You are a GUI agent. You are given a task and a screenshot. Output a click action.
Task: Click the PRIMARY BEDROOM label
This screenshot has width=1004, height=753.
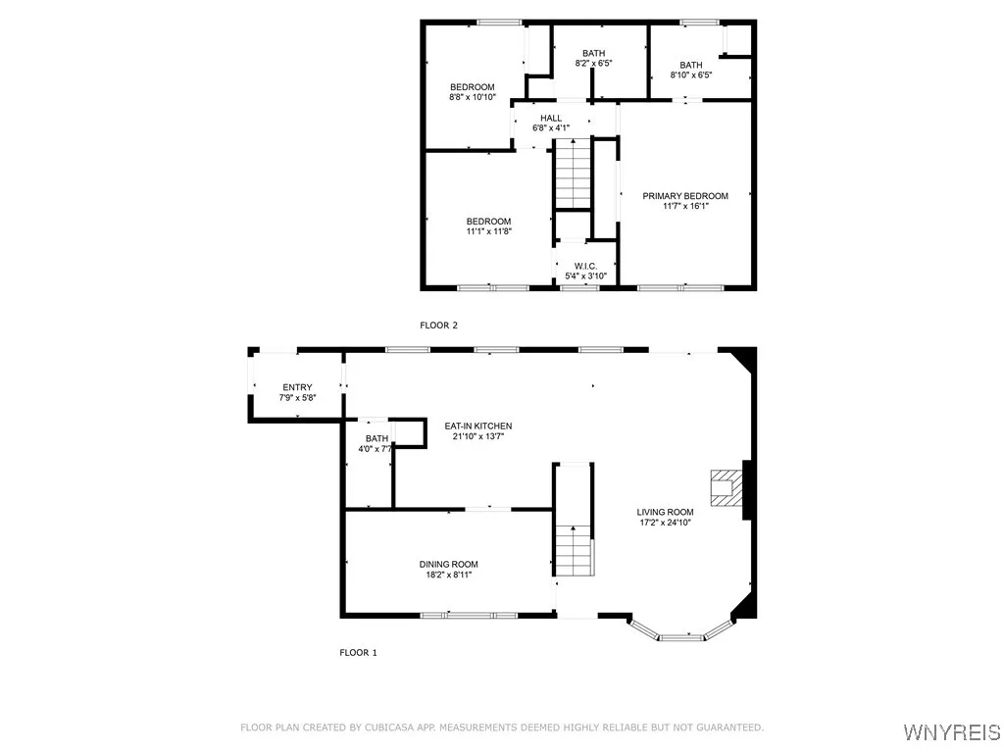pos(685,196)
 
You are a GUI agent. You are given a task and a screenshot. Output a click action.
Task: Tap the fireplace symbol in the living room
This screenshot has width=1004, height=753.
pos(726,486)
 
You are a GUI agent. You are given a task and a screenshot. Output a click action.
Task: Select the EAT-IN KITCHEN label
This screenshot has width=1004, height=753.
pos(478,426)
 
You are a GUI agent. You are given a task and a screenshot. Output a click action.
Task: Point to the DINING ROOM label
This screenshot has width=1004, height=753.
pos(448,564)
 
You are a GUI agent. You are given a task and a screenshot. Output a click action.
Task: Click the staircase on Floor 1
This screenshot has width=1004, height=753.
pos(574,549)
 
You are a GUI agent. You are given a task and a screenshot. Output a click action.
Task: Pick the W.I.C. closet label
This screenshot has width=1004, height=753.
pos(585,266)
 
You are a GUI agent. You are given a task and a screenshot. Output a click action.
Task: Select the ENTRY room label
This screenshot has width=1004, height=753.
pos(297,387)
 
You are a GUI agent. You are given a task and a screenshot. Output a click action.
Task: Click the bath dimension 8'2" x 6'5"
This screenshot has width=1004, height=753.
pos(593,65)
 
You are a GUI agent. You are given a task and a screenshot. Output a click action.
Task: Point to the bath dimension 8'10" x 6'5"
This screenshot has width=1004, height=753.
pos(690,75)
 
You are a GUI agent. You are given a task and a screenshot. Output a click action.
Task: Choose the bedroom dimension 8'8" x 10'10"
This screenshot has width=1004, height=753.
pos(472,97)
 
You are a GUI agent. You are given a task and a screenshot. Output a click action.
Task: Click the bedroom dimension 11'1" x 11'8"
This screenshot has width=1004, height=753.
pos(488,231)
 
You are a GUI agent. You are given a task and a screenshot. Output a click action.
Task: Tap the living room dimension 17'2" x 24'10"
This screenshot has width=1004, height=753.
pos(665,523)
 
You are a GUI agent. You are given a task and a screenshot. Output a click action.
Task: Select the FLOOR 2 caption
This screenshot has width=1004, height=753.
pos(438,325)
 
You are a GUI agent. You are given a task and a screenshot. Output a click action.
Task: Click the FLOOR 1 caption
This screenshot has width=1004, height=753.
pos(358,652)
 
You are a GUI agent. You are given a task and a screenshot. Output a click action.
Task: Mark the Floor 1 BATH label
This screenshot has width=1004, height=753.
pos(376,438)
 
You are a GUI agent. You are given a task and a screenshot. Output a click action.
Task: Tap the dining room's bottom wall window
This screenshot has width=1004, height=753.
pos(468,615)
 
